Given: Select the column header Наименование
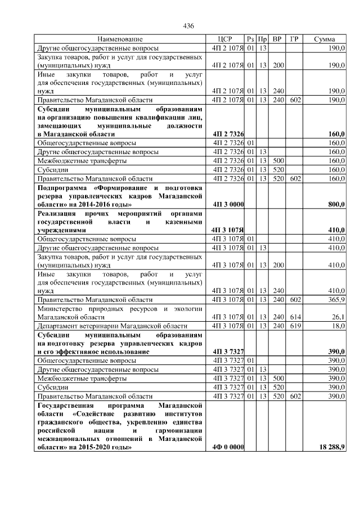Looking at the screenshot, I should coord(120,39).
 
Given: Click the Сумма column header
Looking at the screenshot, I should coord(325,39).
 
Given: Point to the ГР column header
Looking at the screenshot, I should coord(294,39).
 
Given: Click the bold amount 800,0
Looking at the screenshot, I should coord(336,204).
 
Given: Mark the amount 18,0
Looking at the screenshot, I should coord(339,326).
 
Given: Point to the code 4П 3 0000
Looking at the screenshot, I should coord(228,204).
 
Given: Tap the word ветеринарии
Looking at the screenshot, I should coord(100,326).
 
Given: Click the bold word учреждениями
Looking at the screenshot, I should coord(61,230).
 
